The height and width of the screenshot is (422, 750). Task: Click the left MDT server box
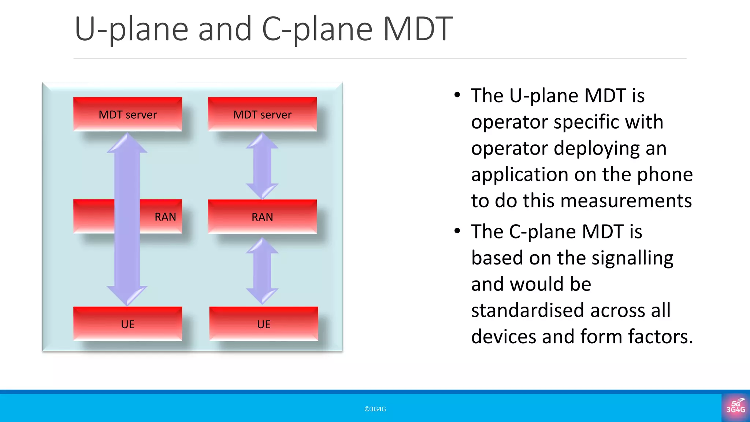[127, 114]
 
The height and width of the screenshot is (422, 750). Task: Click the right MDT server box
[262, 114]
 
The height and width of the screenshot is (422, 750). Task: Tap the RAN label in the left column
[165, 217]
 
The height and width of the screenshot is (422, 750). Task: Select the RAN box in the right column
[262, 217]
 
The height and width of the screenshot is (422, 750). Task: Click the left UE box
[127, 324]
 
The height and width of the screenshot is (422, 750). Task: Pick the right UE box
[264, 324]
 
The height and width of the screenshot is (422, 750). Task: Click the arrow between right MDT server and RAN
[262, 166]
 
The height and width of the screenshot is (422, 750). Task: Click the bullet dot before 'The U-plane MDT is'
[457, 95]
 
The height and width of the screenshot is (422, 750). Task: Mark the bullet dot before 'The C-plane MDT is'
[457, 231]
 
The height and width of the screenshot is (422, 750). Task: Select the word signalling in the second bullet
[632, 258]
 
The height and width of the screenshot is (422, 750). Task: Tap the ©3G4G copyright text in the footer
[375, 409]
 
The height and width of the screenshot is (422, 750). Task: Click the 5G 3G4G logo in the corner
[735, 407]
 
